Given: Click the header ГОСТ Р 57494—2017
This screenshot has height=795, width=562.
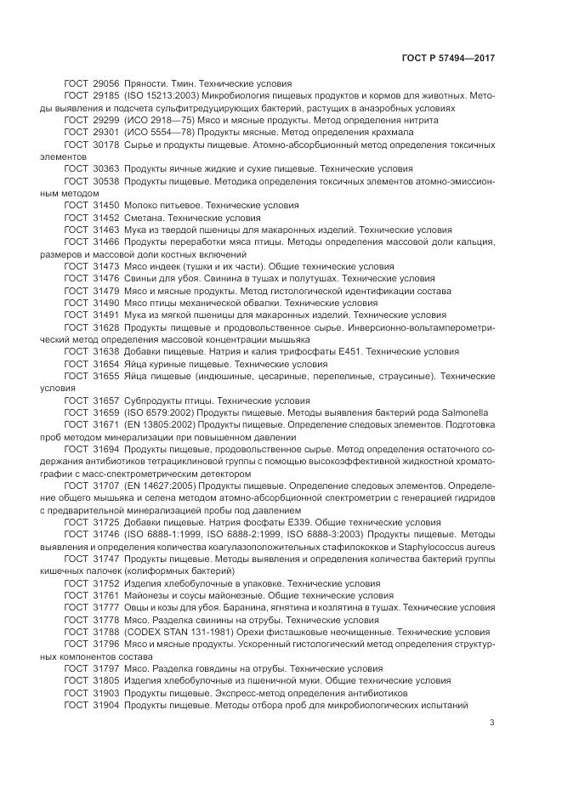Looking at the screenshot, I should point(448,59).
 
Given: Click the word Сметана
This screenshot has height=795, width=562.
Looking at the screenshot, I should point(146,218).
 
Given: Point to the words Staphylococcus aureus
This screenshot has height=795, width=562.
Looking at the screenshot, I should point(447,545).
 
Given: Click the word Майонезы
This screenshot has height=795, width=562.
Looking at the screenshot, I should point(150,595).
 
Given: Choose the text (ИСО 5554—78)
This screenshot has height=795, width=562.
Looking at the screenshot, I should point(157,133).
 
